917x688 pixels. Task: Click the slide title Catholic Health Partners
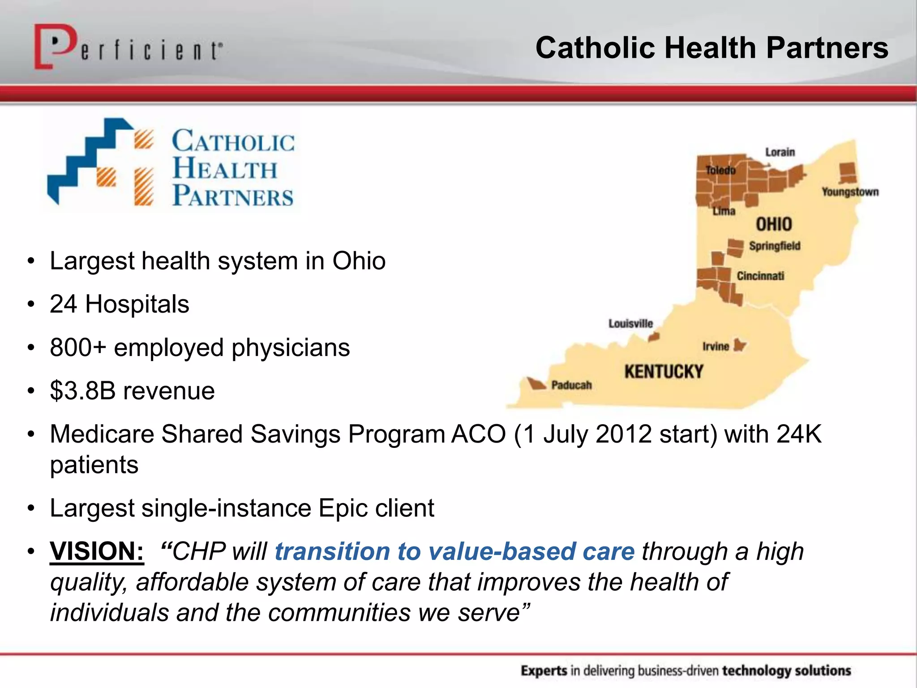pyautogui.click(x=711, y=48)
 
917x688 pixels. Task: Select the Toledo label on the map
pyautogui.click(x=720, y=171)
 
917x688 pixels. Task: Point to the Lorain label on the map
pyautogui.click(x=780, y=152)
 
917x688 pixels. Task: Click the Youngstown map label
pyautogui.click(x=850, y=192)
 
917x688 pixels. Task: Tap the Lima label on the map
pyautogui.click(x=724, y=211)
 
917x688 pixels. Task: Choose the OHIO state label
pyautogui.click(x=774, y=224)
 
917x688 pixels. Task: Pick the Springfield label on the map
pyautogui.click(x=775, y=246)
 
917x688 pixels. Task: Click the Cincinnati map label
pyautogui.click(x=760, y=276)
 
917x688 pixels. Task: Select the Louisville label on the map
pyautogui.click(x=630, y=323)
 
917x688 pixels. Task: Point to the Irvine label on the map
pyautogui.click(x=716, y=346)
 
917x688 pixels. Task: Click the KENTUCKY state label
pyautogui.click(x=664, y=372)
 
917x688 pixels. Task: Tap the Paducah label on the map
pyautogui.click(x=571, y=385)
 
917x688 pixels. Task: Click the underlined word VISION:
pyautogui.click(x=97, y=551)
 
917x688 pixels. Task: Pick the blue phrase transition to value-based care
pyautogui.click(x=454, y=551)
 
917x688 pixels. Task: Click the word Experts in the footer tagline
pyautogui.click(x=544, y=671)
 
